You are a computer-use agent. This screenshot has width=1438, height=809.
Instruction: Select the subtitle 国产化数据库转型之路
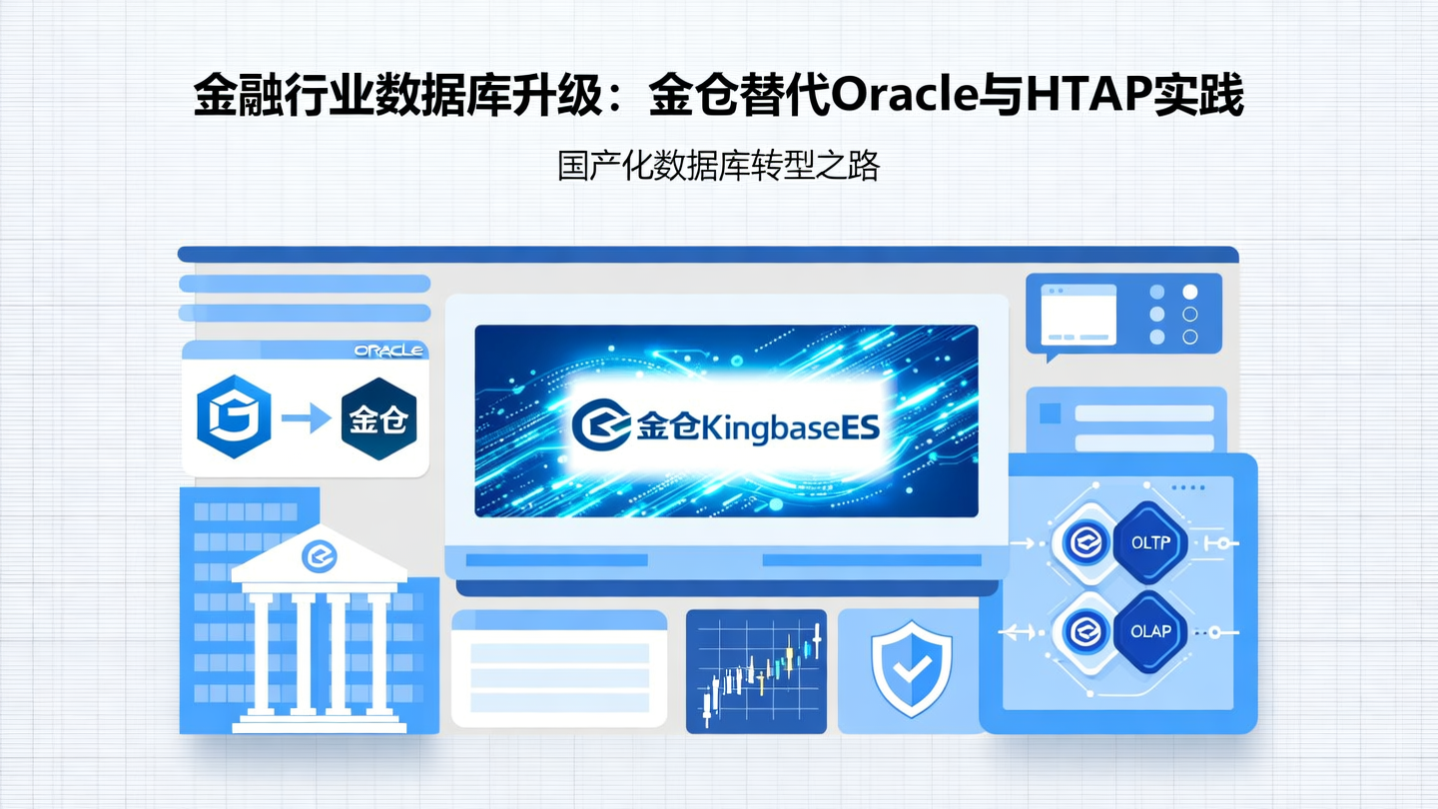coord(718,166)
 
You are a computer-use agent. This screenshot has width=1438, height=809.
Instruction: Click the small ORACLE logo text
coord(389,351)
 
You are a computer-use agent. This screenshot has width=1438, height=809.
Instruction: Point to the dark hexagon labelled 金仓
coord(378,416)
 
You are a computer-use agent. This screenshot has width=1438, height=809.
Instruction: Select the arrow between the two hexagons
coord(306,417)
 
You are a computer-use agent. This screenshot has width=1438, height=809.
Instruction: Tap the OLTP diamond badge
coord(1155,543)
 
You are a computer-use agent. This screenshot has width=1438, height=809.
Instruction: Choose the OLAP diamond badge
coord(1155,631)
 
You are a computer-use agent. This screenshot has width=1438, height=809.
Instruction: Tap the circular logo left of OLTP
coord(1083,543)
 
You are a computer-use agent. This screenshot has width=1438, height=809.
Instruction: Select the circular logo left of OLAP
coord(1083,631)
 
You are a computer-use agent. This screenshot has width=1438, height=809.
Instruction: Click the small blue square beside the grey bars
coord(1050,413)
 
